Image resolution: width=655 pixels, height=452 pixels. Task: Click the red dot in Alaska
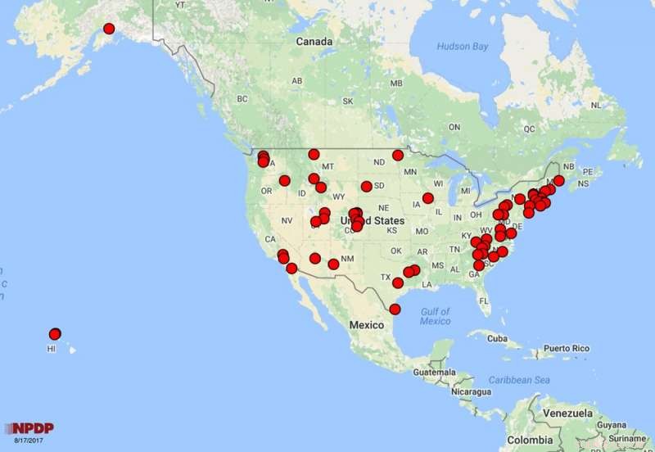109,29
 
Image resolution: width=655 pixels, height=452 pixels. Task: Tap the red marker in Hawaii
55,333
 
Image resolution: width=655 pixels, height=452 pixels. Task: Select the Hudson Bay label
462,47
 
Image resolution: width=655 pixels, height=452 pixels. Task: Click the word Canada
314,41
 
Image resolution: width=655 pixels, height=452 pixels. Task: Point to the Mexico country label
367,325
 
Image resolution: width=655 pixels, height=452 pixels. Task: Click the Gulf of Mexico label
435,316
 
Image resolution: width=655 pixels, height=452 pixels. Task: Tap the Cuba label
496,338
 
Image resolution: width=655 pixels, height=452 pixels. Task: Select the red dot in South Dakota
366,187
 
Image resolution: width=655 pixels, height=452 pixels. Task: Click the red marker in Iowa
427,198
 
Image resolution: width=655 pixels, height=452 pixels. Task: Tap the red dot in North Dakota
398,156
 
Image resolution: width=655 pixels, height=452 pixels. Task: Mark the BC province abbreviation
242,99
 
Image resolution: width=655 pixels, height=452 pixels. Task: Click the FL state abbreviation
484,301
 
